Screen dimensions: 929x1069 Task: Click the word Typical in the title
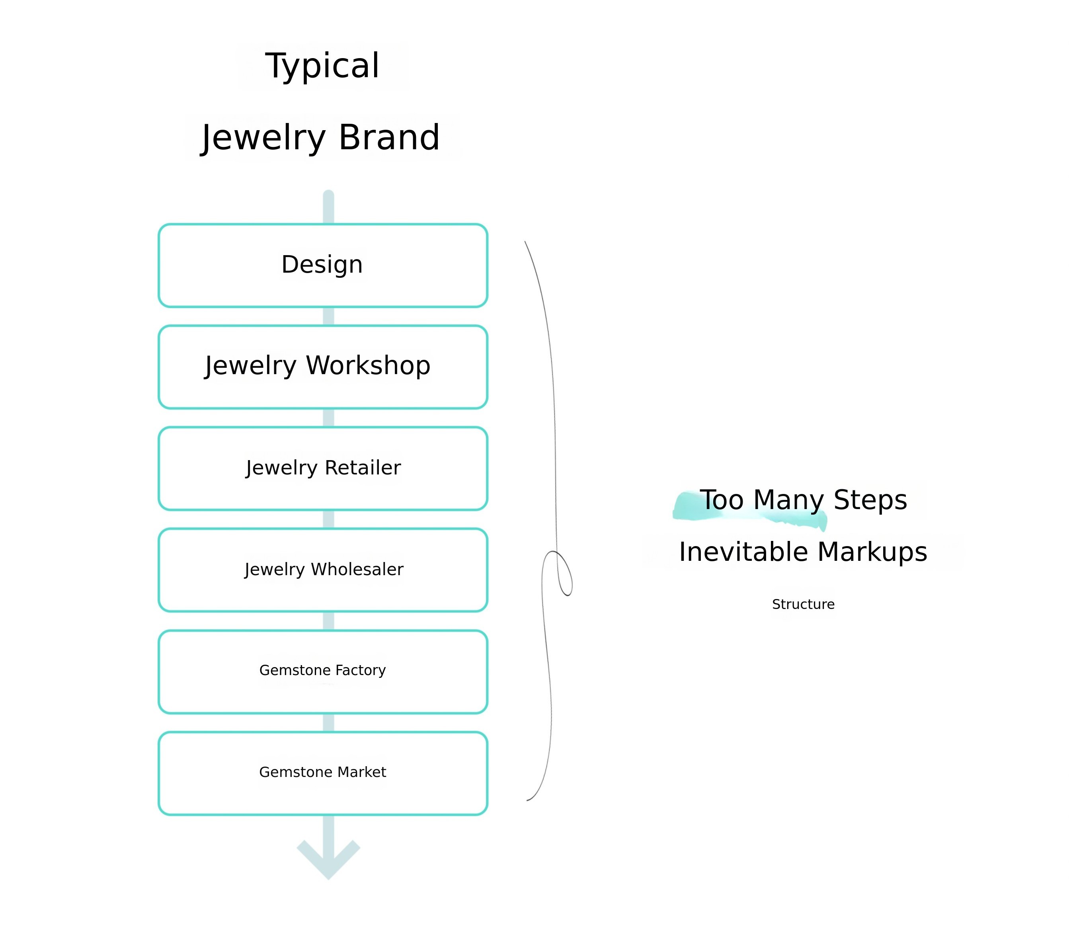322,66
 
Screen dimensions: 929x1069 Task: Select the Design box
322,265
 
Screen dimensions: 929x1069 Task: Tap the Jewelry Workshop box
322,367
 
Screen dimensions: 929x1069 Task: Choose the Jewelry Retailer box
322,468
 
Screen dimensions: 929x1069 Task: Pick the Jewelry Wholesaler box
322,570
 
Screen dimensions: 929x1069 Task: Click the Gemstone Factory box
322,672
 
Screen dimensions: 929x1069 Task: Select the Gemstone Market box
322,773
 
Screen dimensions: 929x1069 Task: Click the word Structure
803,605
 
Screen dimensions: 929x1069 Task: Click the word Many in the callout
788,500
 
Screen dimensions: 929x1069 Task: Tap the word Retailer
363,468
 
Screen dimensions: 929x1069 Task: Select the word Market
361,773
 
